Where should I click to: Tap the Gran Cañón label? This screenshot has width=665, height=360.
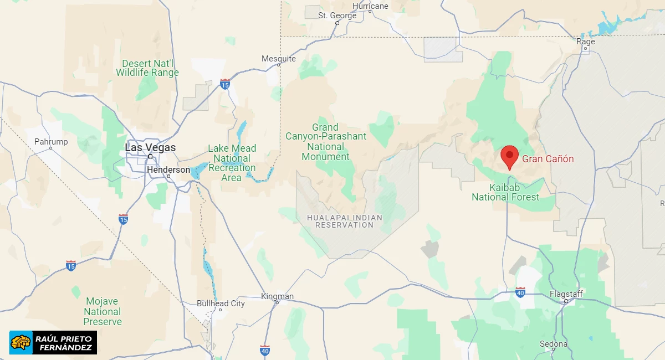coord(548,159)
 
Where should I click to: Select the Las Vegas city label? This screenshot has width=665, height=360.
coord(150,148)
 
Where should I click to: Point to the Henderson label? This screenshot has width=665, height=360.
coord(168,170)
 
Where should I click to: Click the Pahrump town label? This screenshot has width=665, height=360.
coord(51,142)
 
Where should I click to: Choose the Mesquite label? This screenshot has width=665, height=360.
coord(279,59)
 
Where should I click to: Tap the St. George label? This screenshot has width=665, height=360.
coord(337,16)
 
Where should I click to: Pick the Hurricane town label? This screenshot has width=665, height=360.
coord(370,6)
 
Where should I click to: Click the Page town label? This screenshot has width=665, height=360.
coord(586,42)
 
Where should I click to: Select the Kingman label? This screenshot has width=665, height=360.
coord(277,296)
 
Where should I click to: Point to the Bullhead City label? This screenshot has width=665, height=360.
coord(221,304)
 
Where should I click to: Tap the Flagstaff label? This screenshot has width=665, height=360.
coord(566,294)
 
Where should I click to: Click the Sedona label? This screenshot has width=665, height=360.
coord(554,344)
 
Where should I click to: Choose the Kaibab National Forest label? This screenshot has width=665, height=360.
coord(505,192)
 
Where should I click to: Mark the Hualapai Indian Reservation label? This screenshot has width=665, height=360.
coord(345,221)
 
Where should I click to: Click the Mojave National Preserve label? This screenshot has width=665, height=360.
coord(103,311)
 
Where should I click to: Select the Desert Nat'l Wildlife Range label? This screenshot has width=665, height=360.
coord(147,68)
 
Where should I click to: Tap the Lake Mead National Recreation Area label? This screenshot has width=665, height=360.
coord(232,163)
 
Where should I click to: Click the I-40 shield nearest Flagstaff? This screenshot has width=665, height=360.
coord(520,292)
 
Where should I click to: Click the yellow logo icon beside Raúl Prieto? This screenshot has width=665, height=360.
coord(21,342)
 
